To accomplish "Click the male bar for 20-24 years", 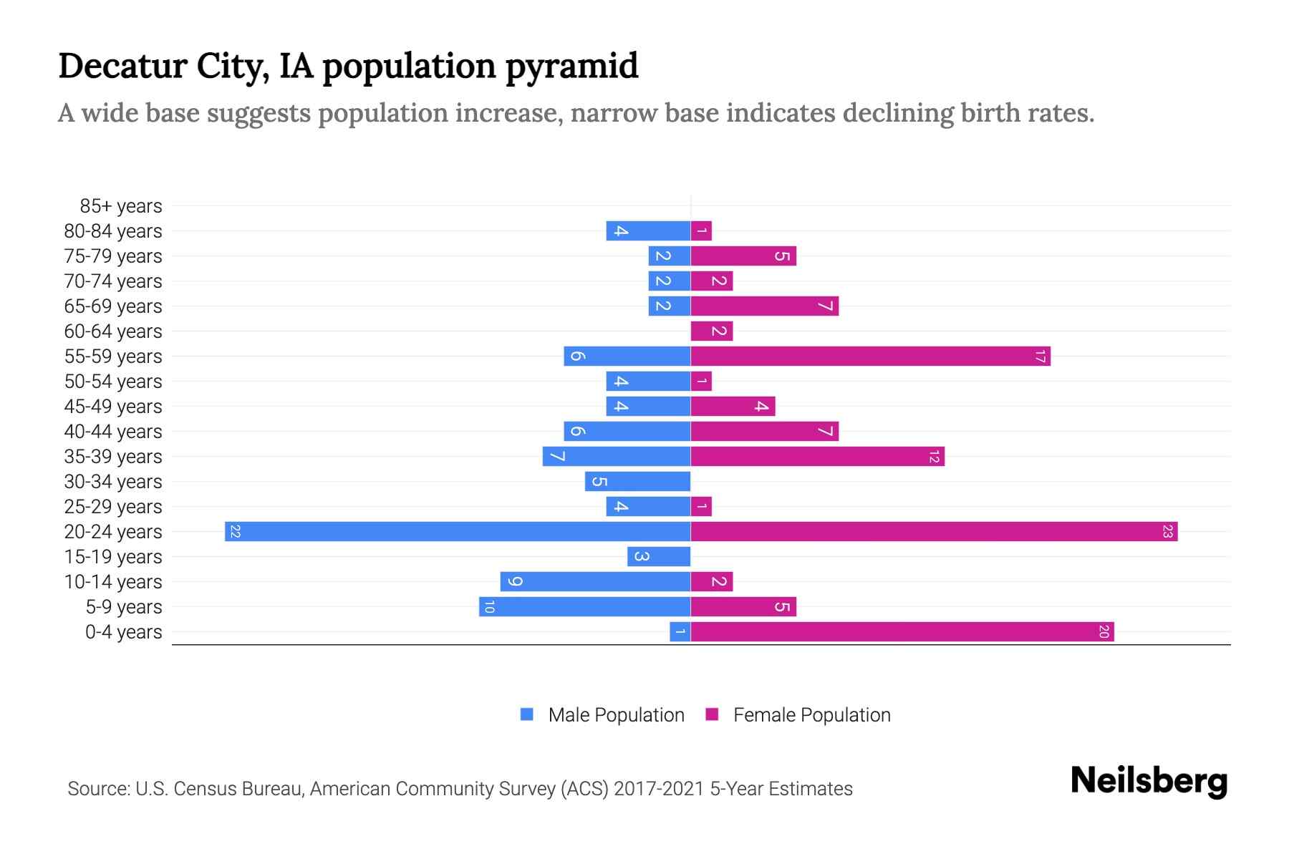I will pyautogui.click(x=458, y=532).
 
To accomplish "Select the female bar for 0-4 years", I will pyautogui.click(x=902, y=632).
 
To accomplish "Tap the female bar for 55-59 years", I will pyautogui.click(x=870, y=356).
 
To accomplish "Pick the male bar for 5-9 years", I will pyautogui.click(x=585, y=607).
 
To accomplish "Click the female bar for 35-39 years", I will pyautogui.click(x=817, y=457).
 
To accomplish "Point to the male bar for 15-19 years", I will pyautogui.click(x=659, y=557).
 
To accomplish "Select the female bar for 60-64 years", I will pyautogui.click(x=712, y=331).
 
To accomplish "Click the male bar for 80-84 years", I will pyautogui.click(x=648, y=231).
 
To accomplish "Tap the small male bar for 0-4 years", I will pyautogui.click(x=680, y=632).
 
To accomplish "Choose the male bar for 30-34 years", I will pyautogui.click(x=637, y=482).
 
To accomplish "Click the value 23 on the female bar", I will pyautogui.click(x=1167, y=532).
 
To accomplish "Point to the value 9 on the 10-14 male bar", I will pyautogui.click(x=513, y=582).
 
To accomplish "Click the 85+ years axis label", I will pyautogui.click(x=121, y=206).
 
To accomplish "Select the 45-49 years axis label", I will pyautogui.click(x=113, y=407).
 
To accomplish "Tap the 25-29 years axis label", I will pyautogui.click(x=113, y=507).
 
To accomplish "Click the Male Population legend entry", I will pyautogui.click(x=616, y=715).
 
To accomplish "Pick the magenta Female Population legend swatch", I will pyautogui.click(x=712, y=714).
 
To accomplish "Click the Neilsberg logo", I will pyautogui.click(x=1149, y=781).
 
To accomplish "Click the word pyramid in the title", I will pyautogui.click(x=571, y=67).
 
